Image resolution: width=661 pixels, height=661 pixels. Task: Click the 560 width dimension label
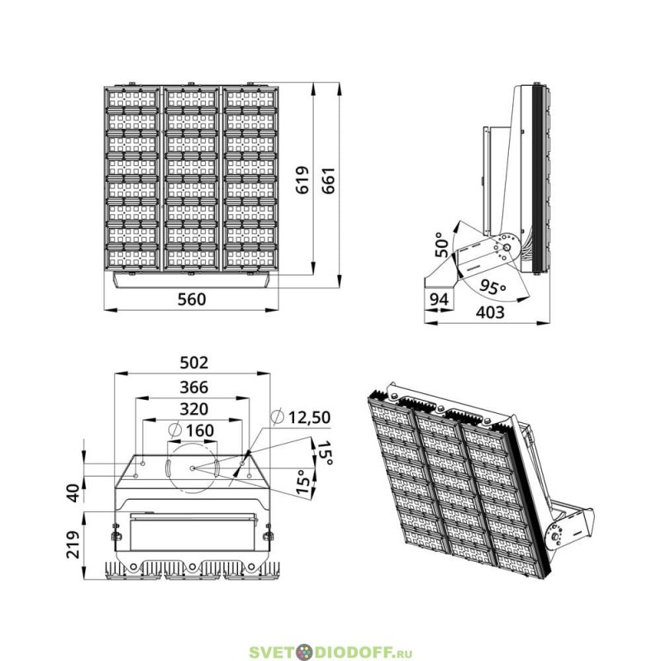192,299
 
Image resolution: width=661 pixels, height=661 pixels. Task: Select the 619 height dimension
302,180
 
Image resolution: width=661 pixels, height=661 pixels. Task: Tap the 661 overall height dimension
328,180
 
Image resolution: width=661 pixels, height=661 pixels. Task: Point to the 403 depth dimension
490,312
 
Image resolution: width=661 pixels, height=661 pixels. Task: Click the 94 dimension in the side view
439,299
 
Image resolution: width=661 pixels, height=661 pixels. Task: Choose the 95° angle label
492,288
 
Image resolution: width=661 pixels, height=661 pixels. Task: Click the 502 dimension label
194,363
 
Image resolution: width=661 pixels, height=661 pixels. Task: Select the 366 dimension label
194,387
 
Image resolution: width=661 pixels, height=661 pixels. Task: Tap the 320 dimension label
194,409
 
